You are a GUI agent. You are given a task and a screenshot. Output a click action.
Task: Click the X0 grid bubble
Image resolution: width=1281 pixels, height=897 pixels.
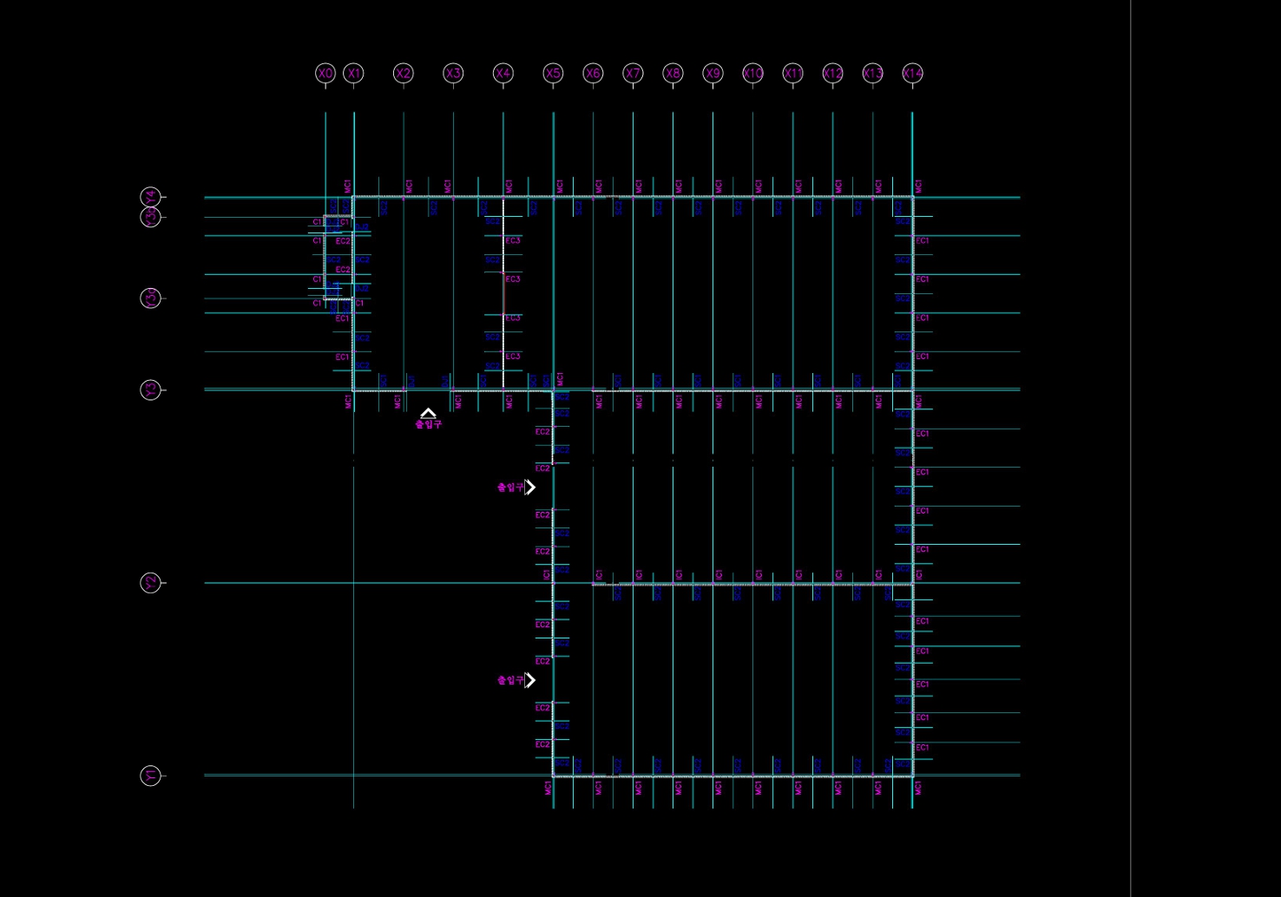[x=325, y=74]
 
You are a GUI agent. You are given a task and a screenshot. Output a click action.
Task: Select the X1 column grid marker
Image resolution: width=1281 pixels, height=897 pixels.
[x=353, y=74]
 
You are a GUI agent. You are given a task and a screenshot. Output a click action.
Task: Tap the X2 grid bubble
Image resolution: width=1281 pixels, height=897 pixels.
[x=403, y=74]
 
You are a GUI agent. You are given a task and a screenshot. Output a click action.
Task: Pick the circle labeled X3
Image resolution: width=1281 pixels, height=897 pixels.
[x=453, y=74]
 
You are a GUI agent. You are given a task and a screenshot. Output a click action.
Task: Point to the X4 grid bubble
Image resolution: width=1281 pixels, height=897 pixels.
[x=503, y=74]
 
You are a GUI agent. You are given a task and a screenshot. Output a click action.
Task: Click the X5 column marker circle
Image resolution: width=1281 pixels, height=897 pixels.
[x=553, y=74]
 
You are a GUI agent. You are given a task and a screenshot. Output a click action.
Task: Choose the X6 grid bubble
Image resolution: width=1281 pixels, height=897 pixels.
[x=593, y=74]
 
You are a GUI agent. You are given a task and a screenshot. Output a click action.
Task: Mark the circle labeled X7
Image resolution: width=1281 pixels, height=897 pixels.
[x=633, y=74]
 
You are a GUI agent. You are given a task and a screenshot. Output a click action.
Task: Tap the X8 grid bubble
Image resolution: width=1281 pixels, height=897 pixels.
[x=673, y=74]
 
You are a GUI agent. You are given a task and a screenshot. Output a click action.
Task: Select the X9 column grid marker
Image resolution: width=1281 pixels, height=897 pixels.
[x=713, y=74]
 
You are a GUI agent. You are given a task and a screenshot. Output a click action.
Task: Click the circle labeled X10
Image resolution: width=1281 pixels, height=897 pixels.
[x=752, y=74]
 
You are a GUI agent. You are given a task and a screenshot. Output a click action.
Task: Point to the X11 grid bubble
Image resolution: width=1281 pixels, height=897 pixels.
[x=792, y=74]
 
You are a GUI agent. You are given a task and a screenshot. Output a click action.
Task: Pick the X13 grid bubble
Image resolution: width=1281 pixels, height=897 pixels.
[x=872, y=74]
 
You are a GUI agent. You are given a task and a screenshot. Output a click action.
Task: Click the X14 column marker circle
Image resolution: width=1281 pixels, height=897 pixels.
[x=912, y=74]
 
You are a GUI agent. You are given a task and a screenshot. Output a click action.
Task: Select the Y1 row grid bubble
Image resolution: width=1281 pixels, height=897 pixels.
[x=151, y=776]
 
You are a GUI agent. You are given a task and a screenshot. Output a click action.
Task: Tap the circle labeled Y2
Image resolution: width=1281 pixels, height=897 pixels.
[x=151, y=583]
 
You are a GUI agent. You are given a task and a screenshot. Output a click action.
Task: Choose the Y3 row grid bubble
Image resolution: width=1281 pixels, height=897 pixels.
[x=151, y=390]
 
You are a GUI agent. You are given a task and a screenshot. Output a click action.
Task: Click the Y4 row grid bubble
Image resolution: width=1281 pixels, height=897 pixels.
[x=151, y=198]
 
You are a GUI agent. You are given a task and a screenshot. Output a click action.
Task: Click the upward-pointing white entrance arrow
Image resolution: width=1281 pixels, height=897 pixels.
[x=428, y=414]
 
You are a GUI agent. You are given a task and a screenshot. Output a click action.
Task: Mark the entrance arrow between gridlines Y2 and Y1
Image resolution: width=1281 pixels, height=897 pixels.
[x=530, y=680]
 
